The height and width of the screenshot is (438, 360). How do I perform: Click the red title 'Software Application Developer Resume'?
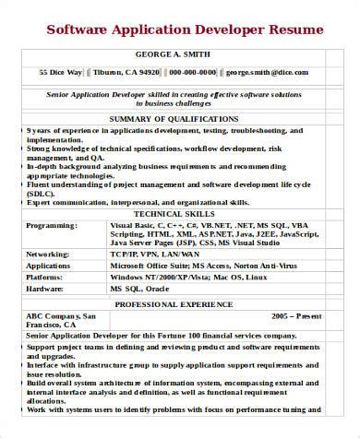(x=186, y=30)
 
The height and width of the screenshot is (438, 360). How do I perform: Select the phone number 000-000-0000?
(x=193, y=71)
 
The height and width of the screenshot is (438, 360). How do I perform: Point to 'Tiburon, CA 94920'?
(x=127, y=71)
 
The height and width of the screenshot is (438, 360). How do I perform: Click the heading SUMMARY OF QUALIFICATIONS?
(x=174, y=118)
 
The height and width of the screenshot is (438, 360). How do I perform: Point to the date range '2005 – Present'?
(x=296, y=314)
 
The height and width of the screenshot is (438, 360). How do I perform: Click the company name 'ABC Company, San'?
(x=61, y=314)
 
